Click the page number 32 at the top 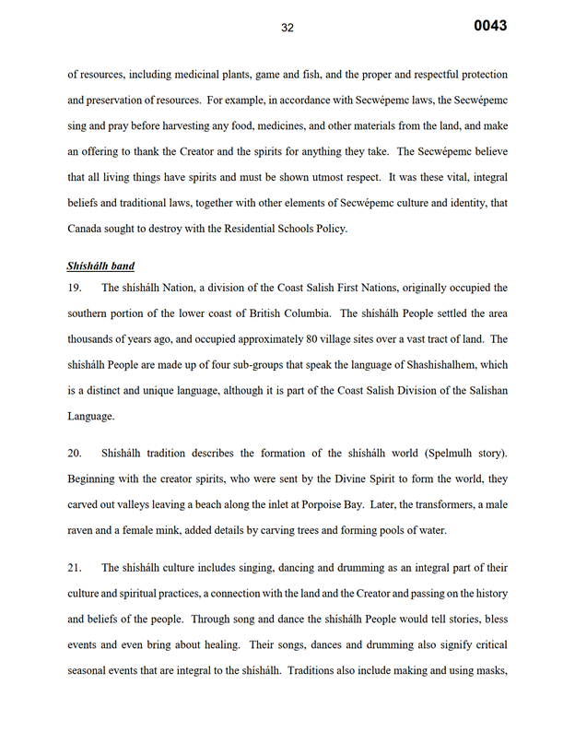point(287,28)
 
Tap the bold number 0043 point(490,26)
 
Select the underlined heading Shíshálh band point(100,266)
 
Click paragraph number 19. point(75,289)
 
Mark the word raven point(84,531)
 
